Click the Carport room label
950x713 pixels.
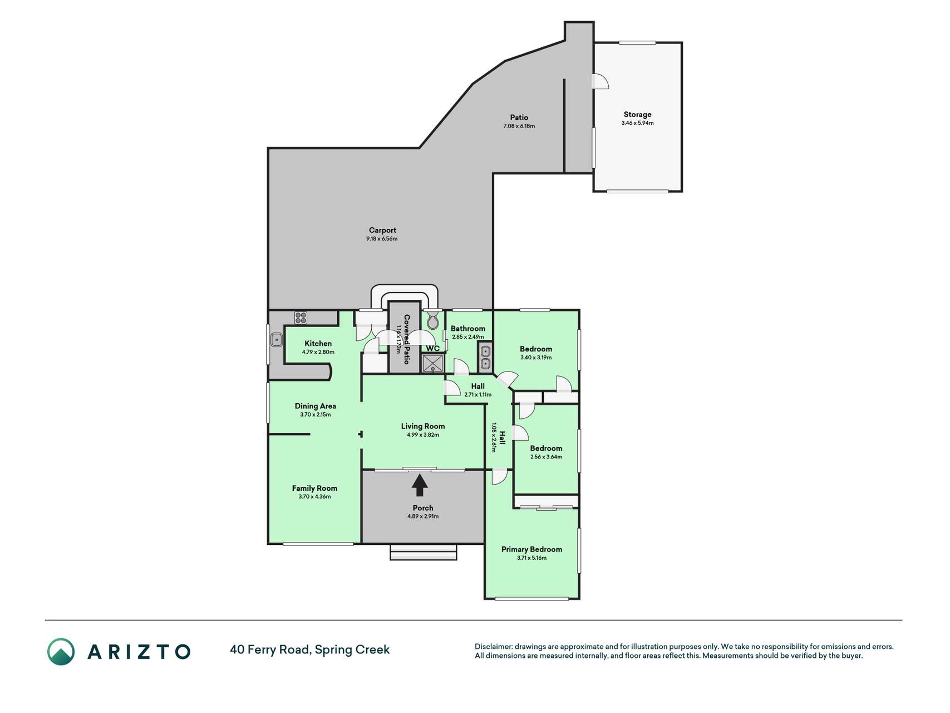point(382,230)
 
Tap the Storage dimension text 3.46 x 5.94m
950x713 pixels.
point(637,123)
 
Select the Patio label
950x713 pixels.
point(519,118)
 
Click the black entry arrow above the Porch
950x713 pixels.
point(420,485)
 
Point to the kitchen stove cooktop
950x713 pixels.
point(301,318)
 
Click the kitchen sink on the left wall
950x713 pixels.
point(276,339)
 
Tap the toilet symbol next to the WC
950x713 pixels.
point(433,320)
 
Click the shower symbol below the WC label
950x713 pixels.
point(432,363)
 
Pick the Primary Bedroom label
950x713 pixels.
point(531,549)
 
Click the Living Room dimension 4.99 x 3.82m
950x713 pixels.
point(423,434)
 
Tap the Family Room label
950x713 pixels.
point(314,488)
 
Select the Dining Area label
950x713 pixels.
point(315,406)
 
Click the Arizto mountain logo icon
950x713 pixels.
point(61,652)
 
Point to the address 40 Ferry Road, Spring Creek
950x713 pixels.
point(310,649)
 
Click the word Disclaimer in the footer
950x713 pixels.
point(493,647)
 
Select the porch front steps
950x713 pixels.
point(424,552)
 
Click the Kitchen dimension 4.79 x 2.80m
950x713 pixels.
point(318,352)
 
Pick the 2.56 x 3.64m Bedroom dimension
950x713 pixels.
point(546,457)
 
